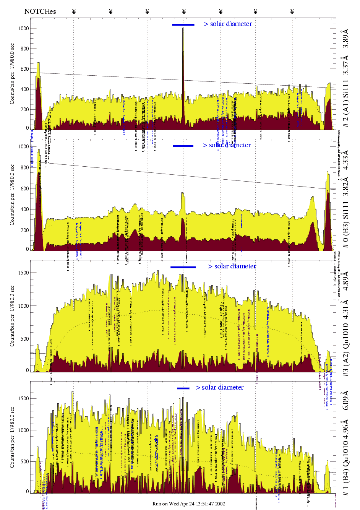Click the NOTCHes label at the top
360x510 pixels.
pyautogui.click(x=40, y=11)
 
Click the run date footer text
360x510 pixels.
pyautogui.click(x=189, y=504)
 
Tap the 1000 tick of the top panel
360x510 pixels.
pyautogui.click(x=24, y=28)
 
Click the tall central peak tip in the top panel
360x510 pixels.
pyautogui.click(x=183, y=29)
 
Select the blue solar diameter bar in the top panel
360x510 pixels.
pyautogui.click(x=183, y=25)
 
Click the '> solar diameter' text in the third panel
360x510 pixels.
pyautogui.click(x=232, y=266)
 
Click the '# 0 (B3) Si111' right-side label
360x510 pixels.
pyautogui.click(x=346, y=199)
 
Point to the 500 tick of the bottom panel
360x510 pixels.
pyautogui.click(x=24, y=461)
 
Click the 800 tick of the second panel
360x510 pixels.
pyautogui.click(x=24, y=167)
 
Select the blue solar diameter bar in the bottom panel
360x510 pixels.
pyautogui.click(x=183, y=388)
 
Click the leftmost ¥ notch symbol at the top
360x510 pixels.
pyautogui.click(x=74, y=11)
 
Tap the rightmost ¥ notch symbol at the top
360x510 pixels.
pyautogui.click(x=292, y=11)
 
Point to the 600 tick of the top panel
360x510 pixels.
pyautogui.click(x=24, y=69)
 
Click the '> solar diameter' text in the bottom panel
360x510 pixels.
pyautogui.click(x=220, y=388)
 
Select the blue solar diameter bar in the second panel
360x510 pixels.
pyautogui.click(x=183, y=146)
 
